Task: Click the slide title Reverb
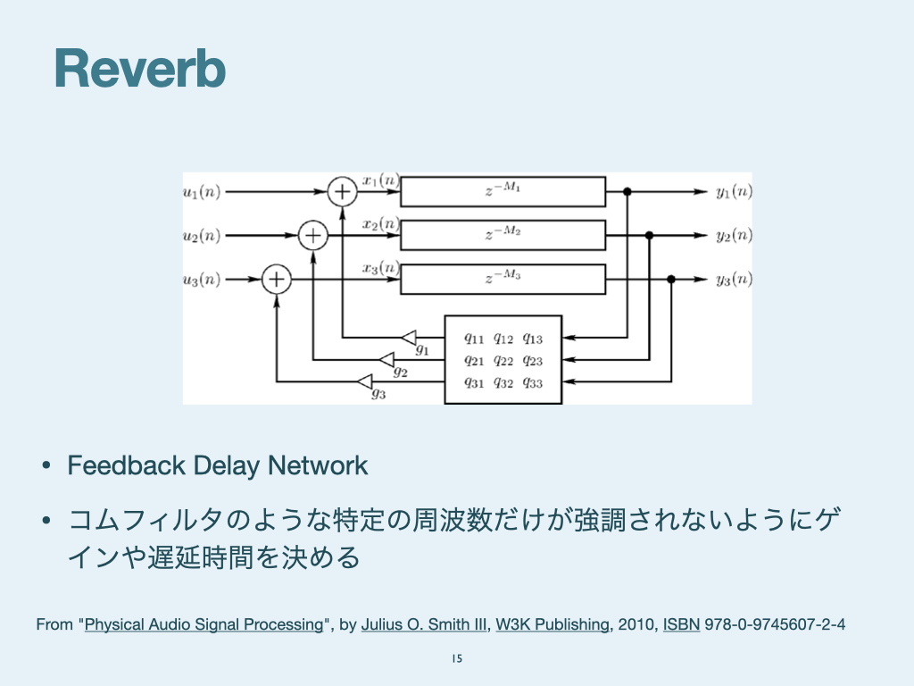tap(140, 70)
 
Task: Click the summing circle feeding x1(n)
tap(342, 191)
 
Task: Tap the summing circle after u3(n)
tap(277, 280)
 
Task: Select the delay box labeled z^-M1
tap(503, 191)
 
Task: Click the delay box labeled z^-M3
tap(503, 279)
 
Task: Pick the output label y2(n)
tap(734, 236)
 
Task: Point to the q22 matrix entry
tap(503, 361)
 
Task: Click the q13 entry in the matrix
tap(532, 339)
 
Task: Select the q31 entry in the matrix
tap(474, 383)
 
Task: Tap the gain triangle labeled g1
tap(409, 338)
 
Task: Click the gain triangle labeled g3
tap(365, 382)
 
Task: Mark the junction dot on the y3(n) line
tap(671, 280)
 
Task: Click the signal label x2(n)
tap(380, 223)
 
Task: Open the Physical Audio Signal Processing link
tap(204, 624)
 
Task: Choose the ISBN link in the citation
tap(681, 624)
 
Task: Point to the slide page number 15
tap(457, 659)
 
